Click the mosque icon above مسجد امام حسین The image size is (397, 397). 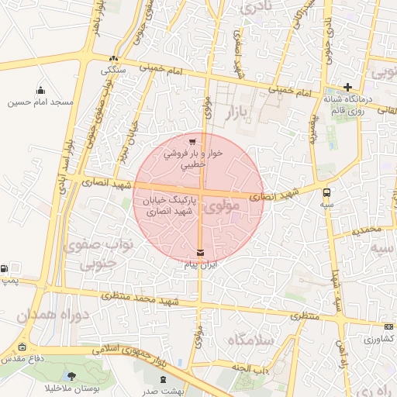pos(40,91)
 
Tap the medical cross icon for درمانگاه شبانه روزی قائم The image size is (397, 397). pos(348,88)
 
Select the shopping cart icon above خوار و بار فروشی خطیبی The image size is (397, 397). pos(192,141)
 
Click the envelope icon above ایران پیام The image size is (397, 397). pos(202,253)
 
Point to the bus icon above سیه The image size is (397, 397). pos(326,192)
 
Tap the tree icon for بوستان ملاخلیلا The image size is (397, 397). pos(72,375)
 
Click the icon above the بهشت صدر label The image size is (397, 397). pos(163,379)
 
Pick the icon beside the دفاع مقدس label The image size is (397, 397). pos(21,347)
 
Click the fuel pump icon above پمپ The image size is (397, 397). pos(5,268)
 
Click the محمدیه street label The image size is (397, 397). pos(367,230)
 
